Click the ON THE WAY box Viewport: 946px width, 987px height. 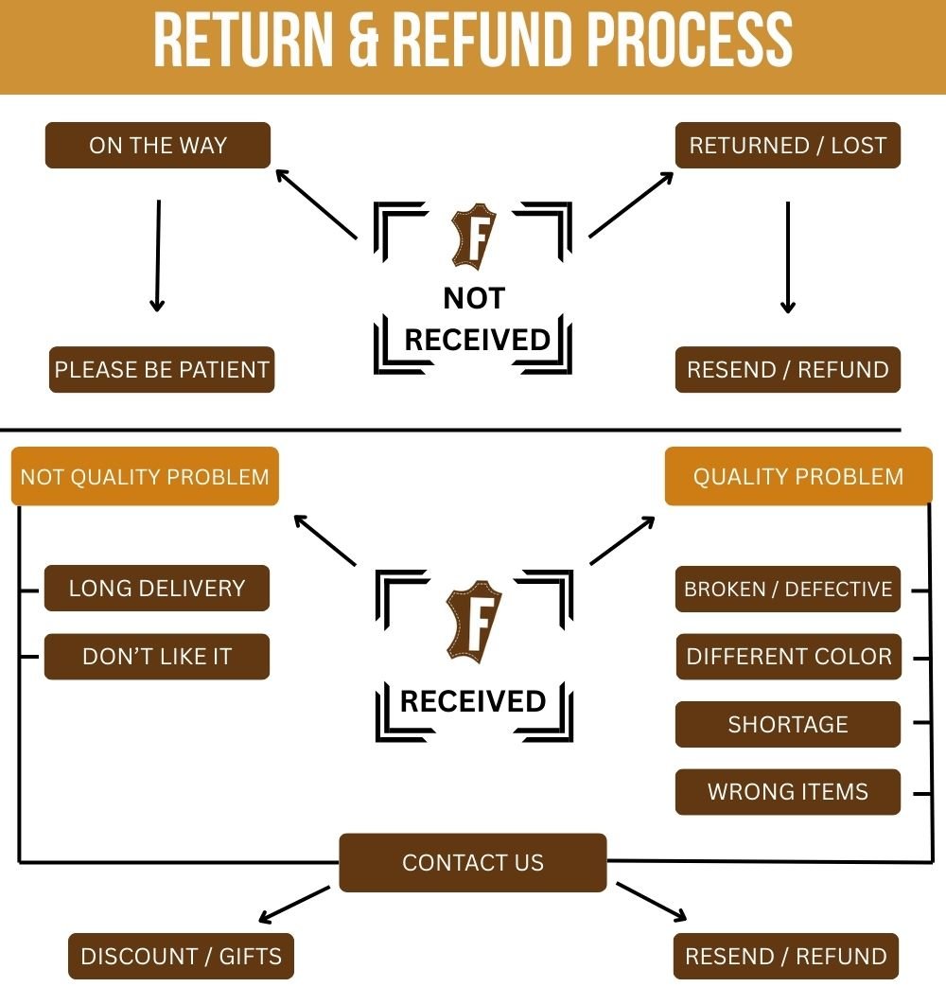click(158, 146)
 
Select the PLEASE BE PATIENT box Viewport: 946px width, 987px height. click(162, 369)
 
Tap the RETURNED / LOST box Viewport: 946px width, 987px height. click(788, 146)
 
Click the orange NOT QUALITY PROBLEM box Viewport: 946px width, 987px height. click(145, 476)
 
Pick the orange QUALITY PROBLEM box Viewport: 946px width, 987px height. click(798, 476)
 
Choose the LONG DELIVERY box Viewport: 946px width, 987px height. click(157, 588)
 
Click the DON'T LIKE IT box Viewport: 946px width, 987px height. click(157, 657)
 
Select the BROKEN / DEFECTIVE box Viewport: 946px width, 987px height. click(788, 589)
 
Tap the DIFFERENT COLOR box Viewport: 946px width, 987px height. click(789, 657)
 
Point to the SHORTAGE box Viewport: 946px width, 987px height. click(788, 725)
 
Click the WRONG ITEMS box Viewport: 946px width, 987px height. click(788, 792)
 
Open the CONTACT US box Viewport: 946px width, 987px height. click(473, 862)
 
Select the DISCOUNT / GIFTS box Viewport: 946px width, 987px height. click(181, 956)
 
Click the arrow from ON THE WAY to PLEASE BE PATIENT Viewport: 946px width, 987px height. click(158, 256)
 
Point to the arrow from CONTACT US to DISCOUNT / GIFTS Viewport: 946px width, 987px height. click(293, 904)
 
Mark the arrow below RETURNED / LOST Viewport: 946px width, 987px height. click(788, 257)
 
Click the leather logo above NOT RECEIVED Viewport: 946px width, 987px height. click(472, 239)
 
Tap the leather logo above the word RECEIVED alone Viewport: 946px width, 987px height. click(472, 621)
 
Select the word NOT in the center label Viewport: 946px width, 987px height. click(473, 298)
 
